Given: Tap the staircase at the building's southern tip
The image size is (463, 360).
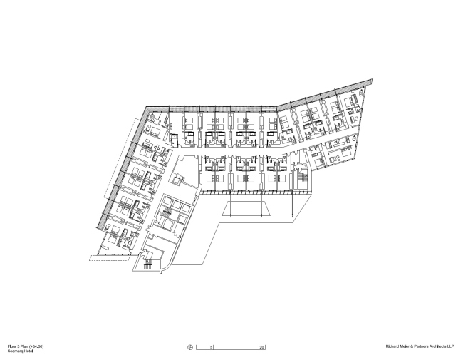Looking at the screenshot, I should [x=149, y=264].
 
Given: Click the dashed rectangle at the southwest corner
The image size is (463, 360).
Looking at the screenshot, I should [x=103, y=257].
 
